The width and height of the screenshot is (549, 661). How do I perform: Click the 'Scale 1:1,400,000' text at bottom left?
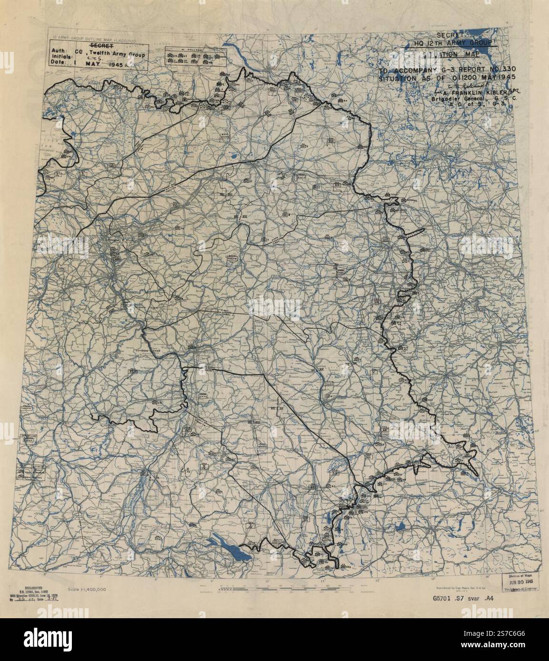[x=87, y=589]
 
